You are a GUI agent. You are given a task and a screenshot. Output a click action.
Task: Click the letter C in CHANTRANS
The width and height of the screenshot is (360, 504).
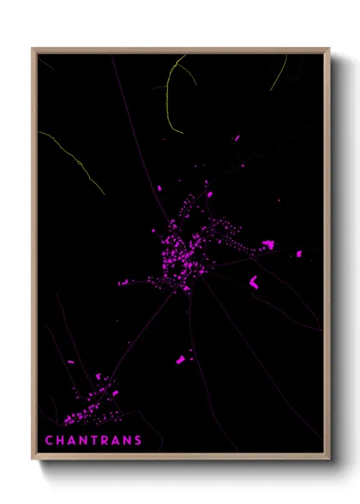(x=49, y=441)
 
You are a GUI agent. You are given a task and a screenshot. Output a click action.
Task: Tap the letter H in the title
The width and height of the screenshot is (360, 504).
(x=61, y=441)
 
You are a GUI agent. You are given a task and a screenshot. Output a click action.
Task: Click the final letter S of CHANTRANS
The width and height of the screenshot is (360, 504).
(x=138, y=441)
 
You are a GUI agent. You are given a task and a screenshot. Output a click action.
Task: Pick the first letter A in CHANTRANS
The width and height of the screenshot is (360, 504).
(x=73, y=441)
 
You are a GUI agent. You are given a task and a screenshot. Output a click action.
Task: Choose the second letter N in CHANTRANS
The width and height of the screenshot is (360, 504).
(x=127, y=441)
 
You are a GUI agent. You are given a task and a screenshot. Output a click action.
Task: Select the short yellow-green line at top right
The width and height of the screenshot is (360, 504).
(x=279, y=74)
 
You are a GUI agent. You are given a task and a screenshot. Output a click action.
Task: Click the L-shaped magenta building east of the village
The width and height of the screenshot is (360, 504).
(x=254, y=281)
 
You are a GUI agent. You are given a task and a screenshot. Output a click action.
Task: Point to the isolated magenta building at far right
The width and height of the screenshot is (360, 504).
(x=299, y=254)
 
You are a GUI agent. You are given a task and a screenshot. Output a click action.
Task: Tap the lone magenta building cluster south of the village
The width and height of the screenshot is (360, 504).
(x=181, y=359)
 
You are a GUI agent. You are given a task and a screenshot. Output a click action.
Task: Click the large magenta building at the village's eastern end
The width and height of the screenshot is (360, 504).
(x=268, y=245)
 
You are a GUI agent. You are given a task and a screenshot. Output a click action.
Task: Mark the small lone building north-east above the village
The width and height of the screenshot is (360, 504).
(x=237, y=137)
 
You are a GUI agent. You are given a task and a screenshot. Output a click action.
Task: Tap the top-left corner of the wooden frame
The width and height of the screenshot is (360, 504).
(x=33, y=49)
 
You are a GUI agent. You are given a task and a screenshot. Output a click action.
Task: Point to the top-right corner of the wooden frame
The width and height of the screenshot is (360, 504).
(x=328, y=49)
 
